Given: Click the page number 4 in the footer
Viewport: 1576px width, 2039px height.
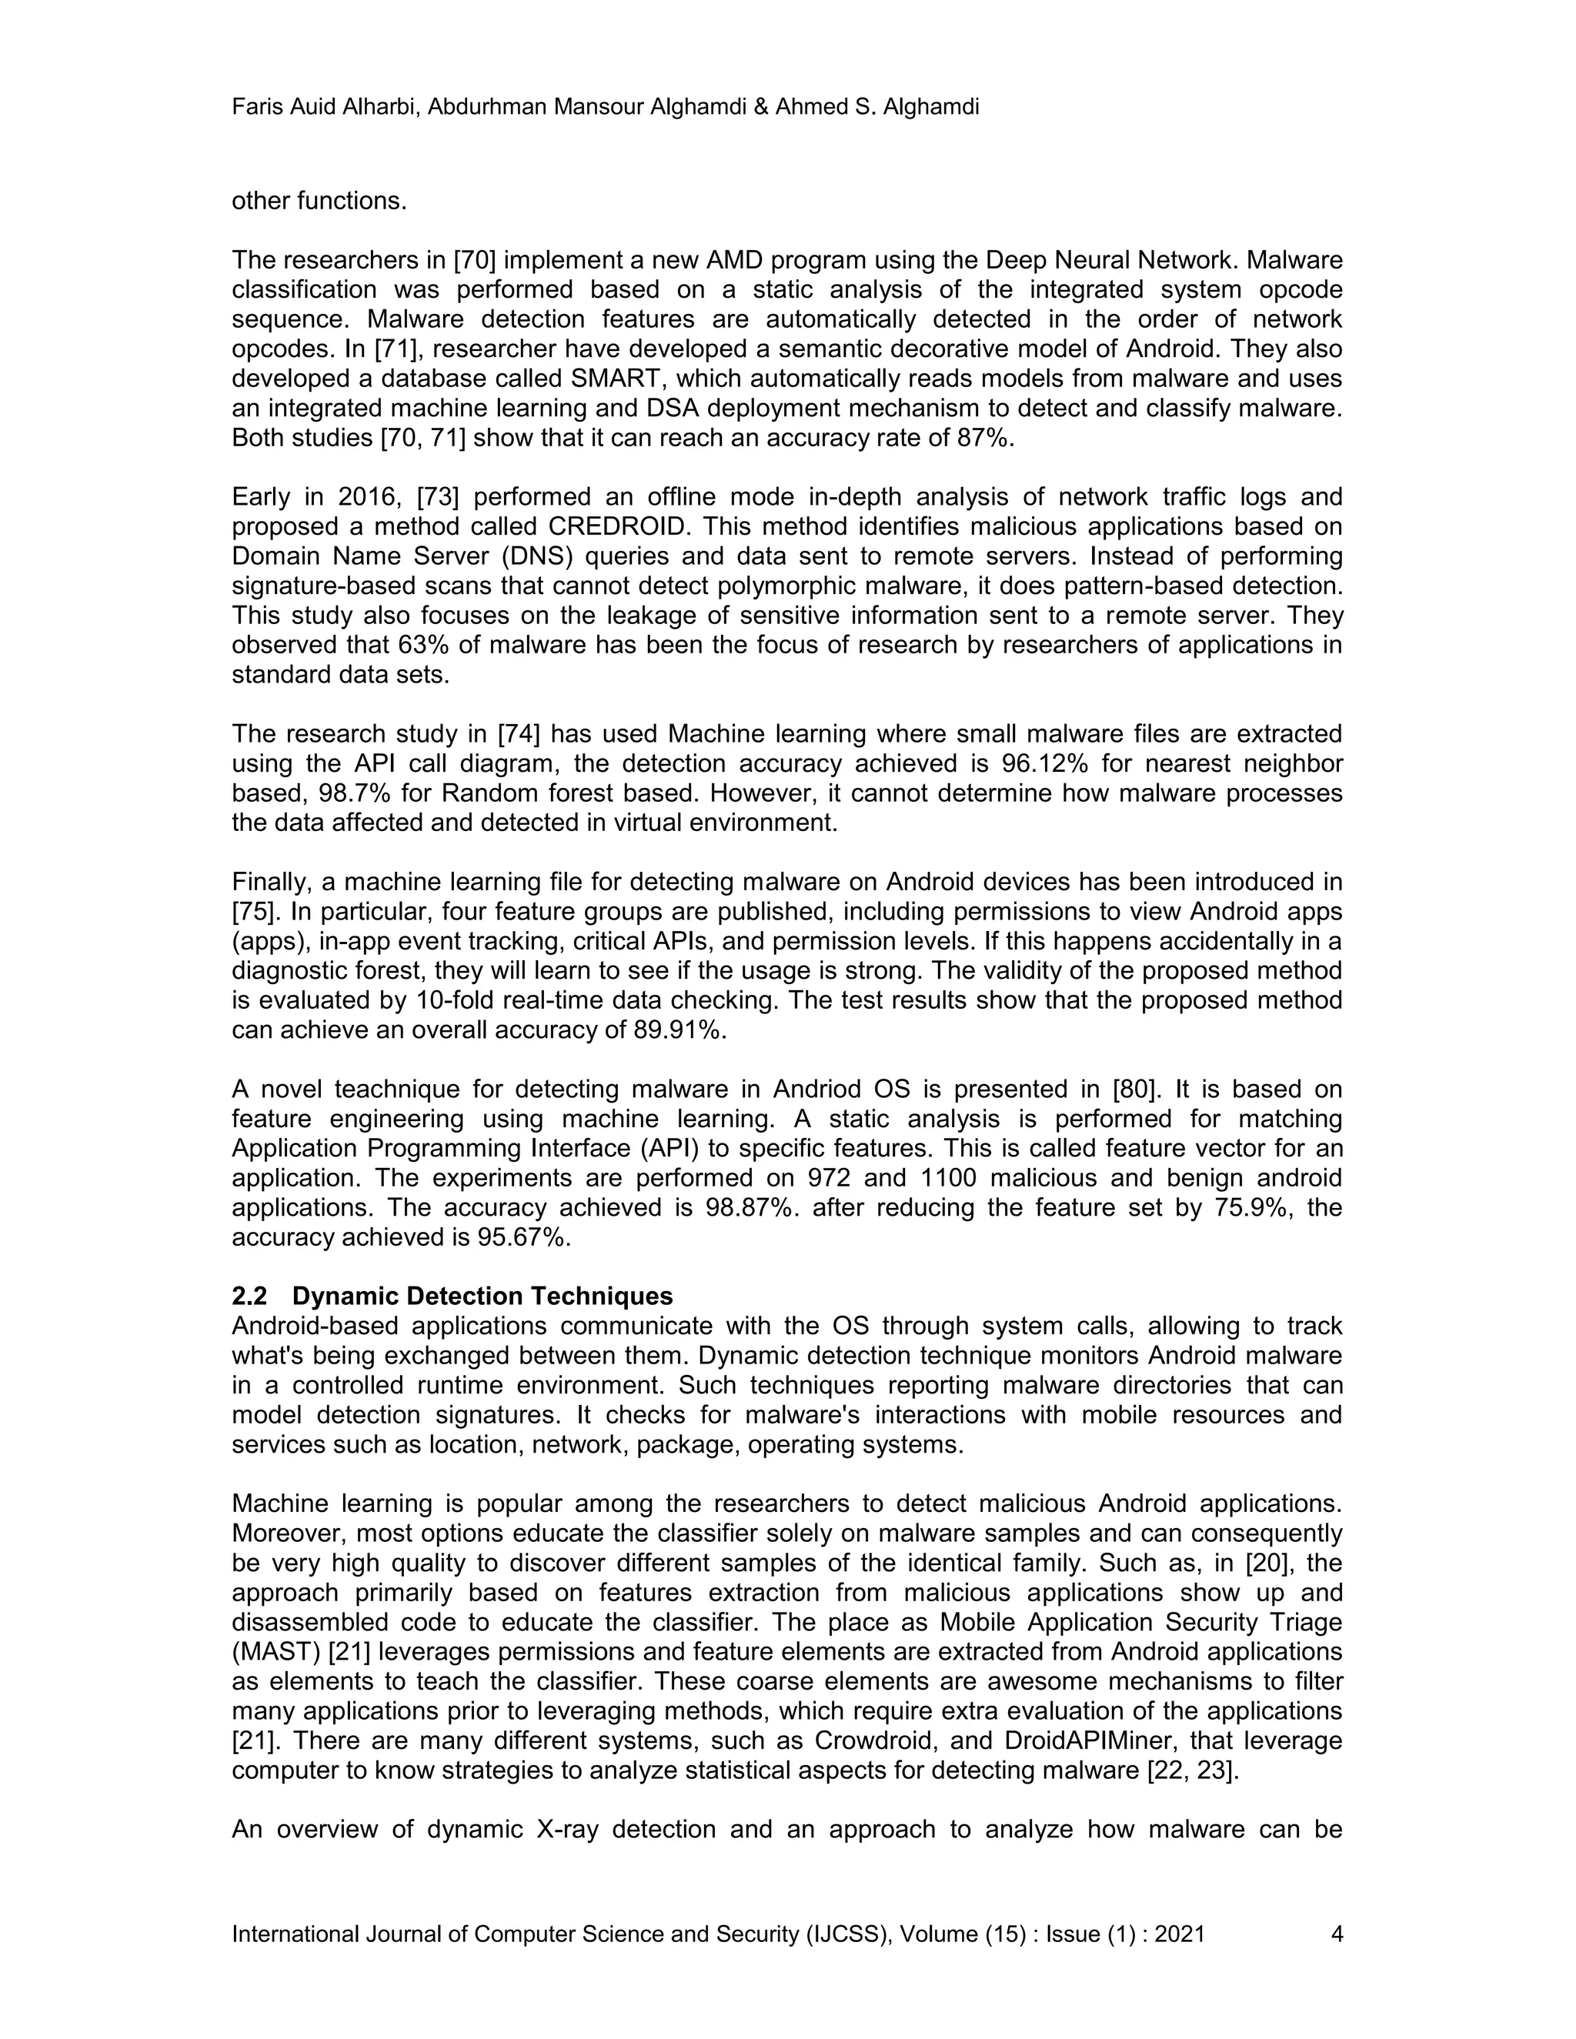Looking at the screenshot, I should pos(1336,1934).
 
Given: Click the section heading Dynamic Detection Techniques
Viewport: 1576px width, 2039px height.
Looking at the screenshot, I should pos(482,1296).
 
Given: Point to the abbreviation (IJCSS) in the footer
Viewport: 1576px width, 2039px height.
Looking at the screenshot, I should pos(849,1934).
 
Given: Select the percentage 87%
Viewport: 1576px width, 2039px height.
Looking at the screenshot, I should pos(985,438).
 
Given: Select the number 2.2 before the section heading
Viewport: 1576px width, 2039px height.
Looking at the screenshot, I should pos(249,1296).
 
